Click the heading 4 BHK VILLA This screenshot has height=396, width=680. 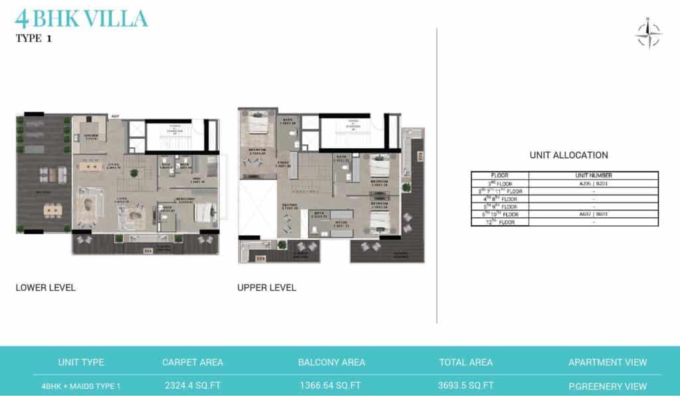81,18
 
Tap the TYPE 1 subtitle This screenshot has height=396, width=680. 33,39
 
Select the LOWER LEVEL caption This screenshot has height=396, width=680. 45,288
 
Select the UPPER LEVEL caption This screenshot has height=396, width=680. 266,288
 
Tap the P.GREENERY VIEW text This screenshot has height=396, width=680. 607,385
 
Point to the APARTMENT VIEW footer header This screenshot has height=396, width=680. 607,362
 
